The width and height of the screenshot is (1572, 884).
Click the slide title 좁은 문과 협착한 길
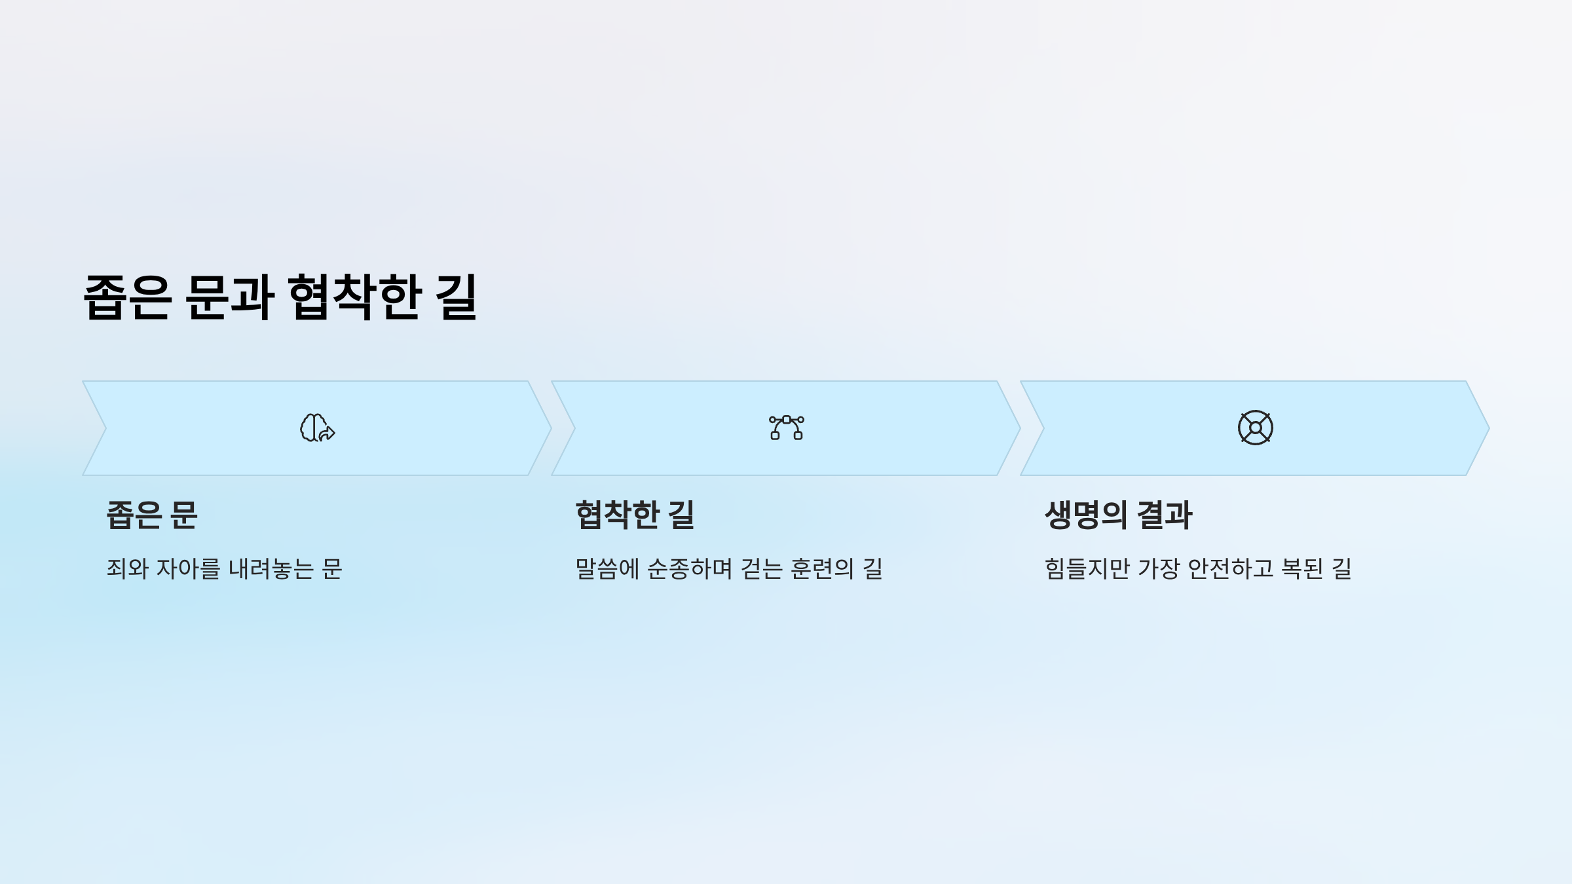click(280, 298)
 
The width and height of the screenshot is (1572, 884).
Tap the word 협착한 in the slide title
click(354, 298)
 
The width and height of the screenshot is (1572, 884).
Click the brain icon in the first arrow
click(317, 428)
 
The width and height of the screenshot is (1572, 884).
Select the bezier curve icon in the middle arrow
click(786, 428)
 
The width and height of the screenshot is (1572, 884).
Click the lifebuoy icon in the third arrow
click(1255, 428)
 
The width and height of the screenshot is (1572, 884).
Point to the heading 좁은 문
click(152, 515)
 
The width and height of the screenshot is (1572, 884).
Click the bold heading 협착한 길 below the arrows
click(635, 515)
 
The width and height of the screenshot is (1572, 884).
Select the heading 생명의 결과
click(1118, 515)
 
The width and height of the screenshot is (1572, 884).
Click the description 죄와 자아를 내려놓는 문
click(224, 568)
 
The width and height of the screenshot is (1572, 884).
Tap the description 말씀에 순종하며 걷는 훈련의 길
click(728, 568)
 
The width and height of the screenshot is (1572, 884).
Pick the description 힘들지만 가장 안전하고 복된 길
click(1198, 568)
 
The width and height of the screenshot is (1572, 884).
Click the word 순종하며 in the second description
click(690, 568)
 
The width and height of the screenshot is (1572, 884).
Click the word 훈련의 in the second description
click(823, 568)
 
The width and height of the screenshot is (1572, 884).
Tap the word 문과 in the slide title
click(229, 298)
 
